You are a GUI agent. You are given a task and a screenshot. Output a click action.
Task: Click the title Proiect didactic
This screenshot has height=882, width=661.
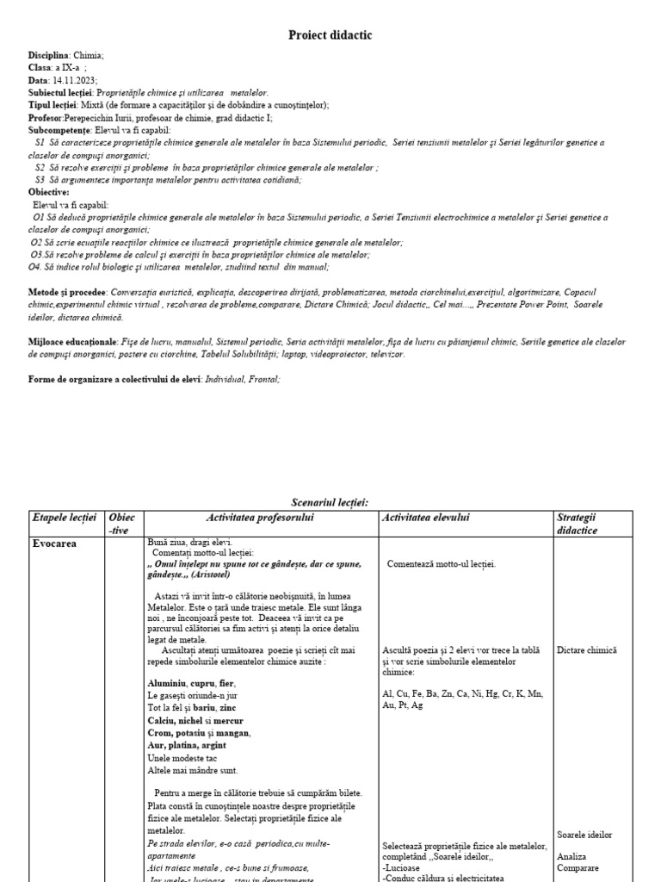[x=330, y=35]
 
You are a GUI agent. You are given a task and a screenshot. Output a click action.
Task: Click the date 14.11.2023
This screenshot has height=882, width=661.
[x=70, y=80]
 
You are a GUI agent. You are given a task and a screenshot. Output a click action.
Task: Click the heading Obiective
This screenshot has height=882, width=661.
[x=48, y=192]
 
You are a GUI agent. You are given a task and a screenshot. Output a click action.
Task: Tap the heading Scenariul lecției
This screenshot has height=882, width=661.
[x=330, y=502]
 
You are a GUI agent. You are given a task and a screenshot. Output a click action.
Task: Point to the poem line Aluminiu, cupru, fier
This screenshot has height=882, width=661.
[x=191, y=683]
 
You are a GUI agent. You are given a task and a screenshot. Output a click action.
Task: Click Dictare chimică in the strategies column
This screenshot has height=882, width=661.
[x=587, y=650]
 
